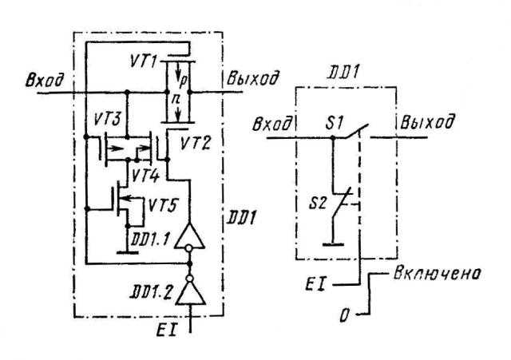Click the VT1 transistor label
click(x=144, y=61)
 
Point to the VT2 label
click(x=196, y=144)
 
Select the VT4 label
click(x=145, y=176)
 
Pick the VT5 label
click(x=162, y=205)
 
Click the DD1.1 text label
click(x=150, y=239)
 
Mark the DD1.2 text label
click(x=151, y=293)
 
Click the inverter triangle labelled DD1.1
click(x=190, y=236)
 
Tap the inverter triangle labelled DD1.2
click(x=190, y=293)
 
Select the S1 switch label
click(x=335, y=123)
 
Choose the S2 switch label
click(x=317, y=204)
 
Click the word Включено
click(x=437, y=273)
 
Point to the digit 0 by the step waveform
click(x=344, y=315)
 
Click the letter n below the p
click(x=176, y=99)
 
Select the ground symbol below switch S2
click(x=333, y=244)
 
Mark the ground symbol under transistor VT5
click(x=127, y=251)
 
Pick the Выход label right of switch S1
click(x=426, y=122)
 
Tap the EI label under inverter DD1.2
click(x=166, y=330)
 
